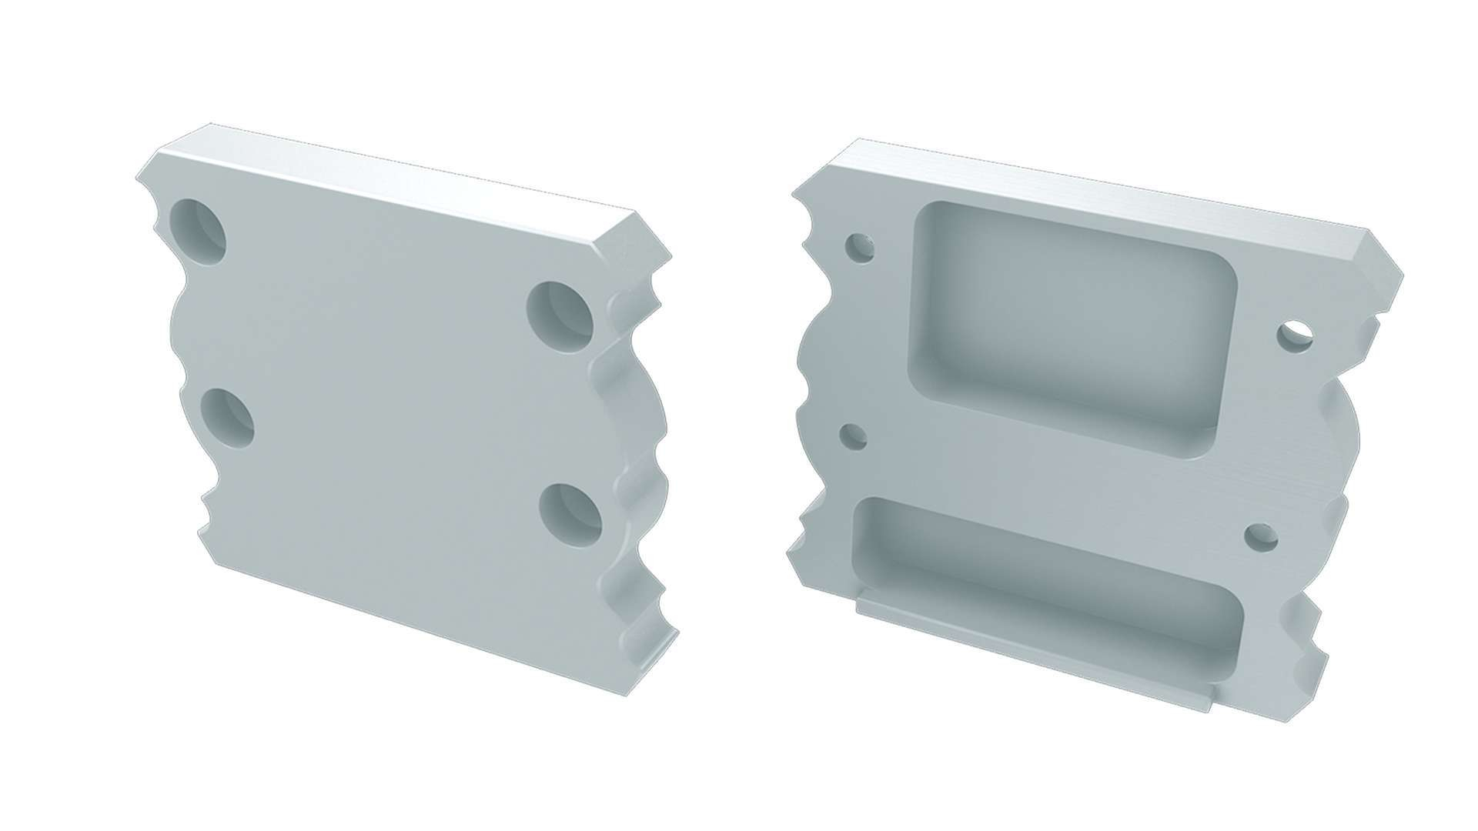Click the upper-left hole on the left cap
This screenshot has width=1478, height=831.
pyautogui.click(x=199, y=231)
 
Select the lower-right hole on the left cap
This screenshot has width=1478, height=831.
pyautogui.click(x=570, y=514)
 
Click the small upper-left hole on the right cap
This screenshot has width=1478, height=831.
pyautogui.click(x=859, y=248)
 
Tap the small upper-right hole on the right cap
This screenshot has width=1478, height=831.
pyautogui.click(x=1296, y=337)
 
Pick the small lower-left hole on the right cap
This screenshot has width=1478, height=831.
pyautogui.click(x=854, y=436)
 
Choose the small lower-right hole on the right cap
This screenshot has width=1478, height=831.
pyautogui.click(x=1260, y=537)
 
